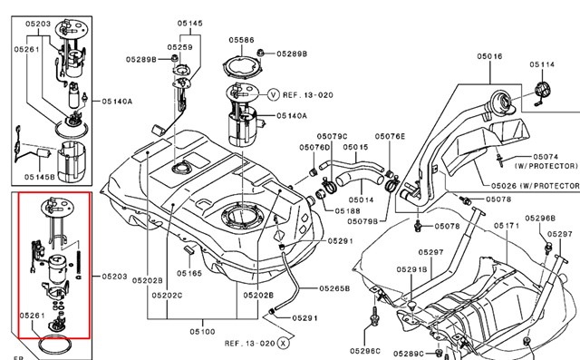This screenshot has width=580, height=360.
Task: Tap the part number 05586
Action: (241, 41)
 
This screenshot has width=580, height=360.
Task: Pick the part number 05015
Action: (355, 147)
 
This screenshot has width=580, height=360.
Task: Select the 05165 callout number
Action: (189, 273)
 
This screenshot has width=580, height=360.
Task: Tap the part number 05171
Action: (507, 225)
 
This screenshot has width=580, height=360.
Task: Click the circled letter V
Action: (274, 93)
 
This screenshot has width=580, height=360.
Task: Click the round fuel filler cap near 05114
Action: (541, 92)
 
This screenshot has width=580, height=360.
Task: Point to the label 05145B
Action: (40, 176)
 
